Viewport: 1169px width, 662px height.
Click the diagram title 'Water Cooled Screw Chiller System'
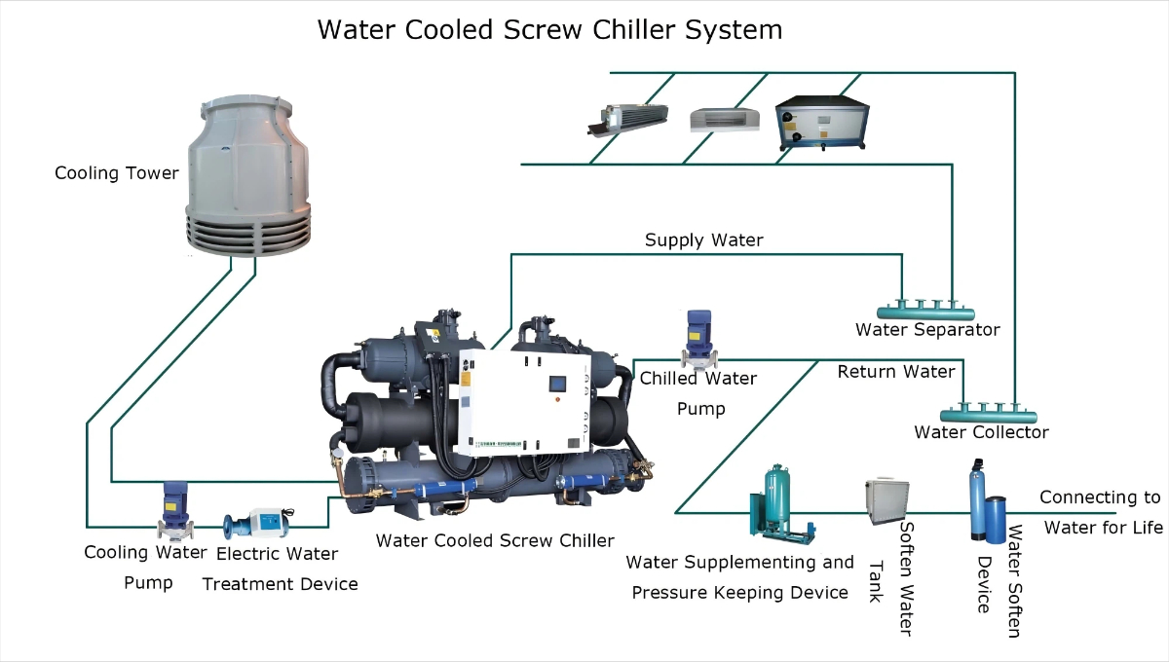tap(549, 30)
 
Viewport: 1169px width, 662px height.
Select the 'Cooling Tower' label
tap(117, 173)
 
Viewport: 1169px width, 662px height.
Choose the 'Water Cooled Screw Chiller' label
tap(495, 540)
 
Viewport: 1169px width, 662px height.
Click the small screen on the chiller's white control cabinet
tap(557, 383)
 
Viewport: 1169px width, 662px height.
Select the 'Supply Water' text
tap(703, 239)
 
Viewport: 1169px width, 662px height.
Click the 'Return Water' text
tap(896, 371)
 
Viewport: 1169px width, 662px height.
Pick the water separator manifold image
tap(925, 311)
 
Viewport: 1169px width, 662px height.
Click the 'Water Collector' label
tap(981, 432)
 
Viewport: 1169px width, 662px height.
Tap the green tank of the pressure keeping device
tap(776, 496)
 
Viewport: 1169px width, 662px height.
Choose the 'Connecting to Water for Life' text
tap(1101, 512)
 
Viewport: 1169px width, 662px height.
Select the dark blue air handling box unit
tap(820, 120)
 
